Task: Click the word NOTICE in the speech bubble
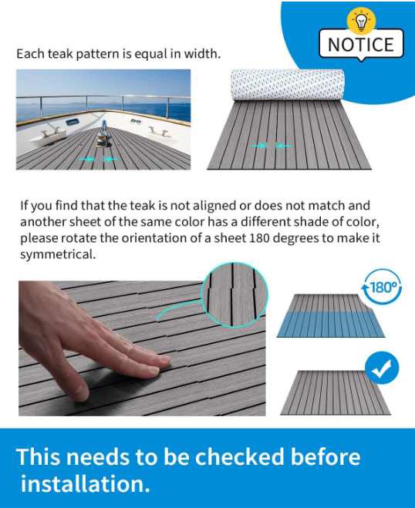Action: click(361, 45)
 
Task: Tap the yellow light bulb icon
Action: click(361, 21)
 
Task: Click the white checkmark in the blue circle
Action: click(382, 368)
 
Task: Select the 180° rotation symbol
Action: click(383, 287)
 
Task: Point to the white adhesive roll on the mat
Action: click(287, 85)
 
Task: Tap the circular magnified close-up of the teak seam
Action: click(234, 294)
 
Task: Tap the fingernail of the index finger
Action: click(164, 358)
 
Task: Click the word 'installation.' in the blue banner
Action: click(86, 483)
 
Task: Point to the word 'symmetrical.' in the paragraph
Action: click(58, 254)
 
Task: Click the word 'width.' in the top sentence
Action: click(202, 54)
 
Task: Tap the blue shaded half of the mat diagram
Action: click(331, 325)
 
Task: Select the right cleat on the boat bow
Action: click(159, 131)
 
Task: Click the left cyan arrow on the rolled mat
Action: click(259, 146)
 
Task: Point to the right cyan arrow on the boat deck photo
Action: click(111, 159)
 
